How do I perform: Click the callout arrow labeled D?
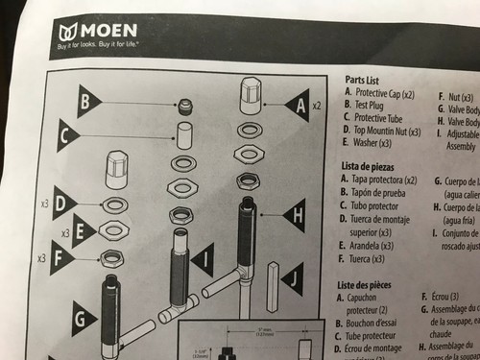tap(65, 203)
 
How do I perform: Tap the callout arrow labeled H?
tap(293, 216)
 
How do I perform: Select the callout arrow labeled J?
tap(294, 280)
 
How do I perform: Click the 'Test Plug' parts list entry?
tap(375, 104)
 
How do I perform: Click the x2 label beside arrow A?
tap(317, 102)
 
